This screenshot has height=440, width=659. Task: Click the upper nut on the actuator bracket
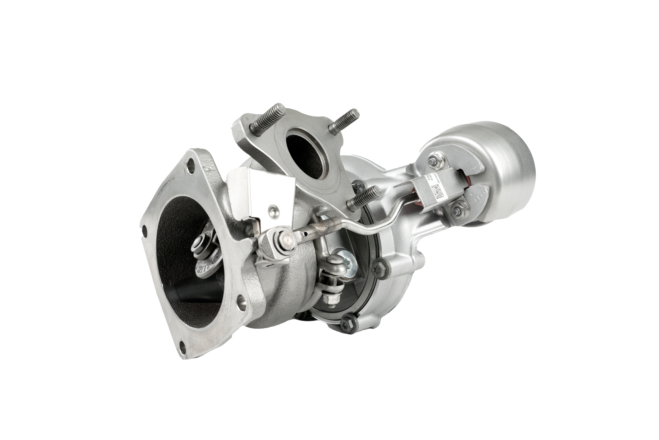[433, 161]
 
